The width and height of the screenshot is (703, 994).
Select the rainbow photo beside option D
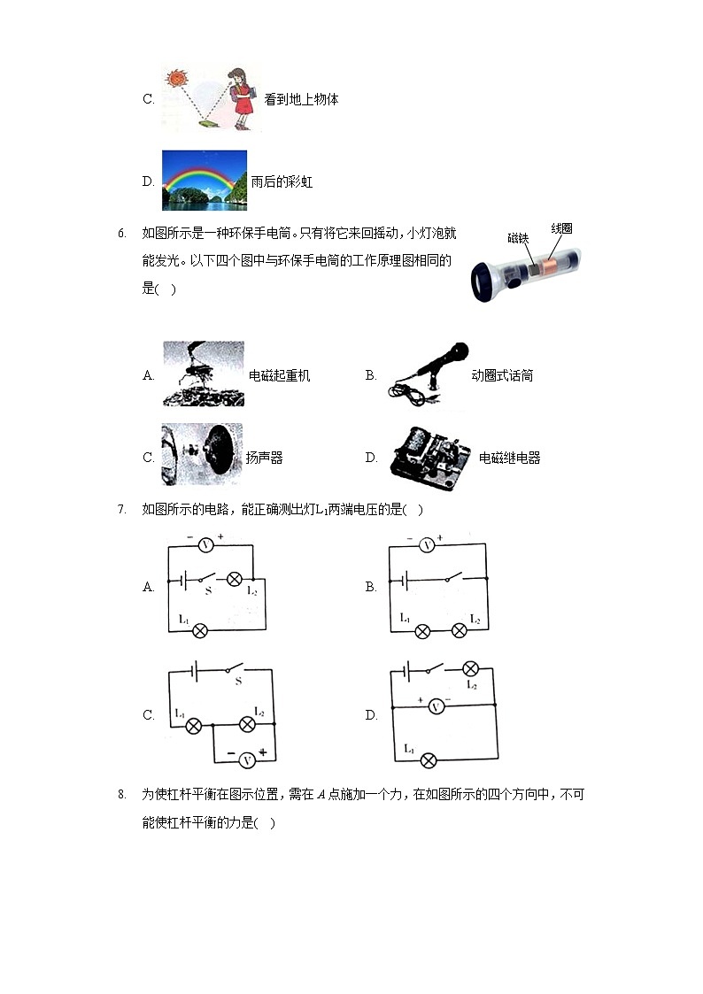[204, 181]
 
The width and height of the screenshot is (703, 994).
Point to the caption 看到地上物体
[301, 100]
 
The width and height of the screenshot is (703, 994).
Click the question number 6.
[121, 234]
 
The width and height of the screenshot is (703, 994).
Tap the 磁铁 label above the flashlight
[518, 238]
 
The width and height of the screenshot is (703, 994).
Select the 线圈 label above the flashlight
[561, 228]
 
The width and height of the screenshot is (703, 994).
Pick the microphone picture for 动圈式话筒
[428, 376]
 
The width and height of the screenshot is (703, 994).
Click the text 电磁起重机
[280, 376]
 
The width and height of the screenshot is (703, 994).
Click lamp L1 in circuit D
[429, 759]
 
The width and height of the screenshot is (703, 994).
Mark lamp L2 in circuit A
[235, 580]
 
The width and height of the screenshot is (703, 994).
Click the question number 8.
[121, 795]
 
